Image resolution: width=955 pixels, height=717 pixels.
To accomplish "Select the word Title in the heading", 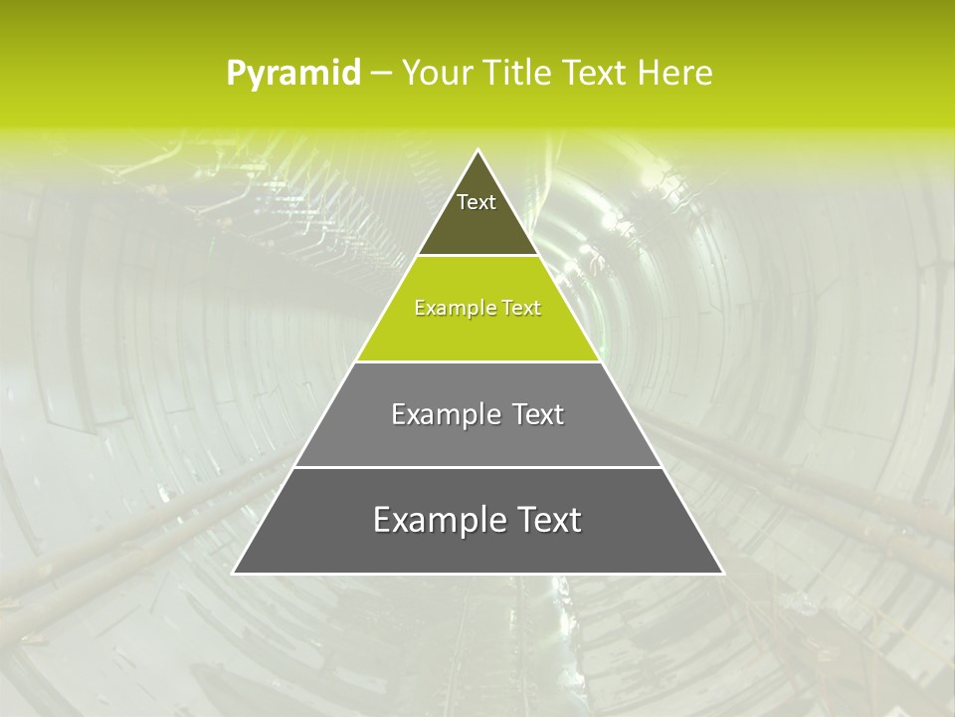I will click(x=516, y=74).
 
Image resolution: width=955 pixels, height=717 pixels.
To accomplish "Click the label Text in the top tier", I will click(x=477, y=202).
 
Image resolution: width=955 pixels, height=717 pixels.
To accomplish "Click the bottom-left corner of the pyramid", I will click(x=235, y=573).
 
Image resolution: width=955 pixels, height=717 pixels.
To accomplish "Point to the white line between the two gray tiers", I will click(x=477, y=467).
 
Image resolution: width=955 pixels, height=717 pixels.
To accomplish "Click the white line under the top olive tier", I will click(x=477, y=255).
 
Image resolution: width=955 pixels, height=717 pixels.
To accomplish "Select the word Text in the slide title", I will click(x=593, y=74).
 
